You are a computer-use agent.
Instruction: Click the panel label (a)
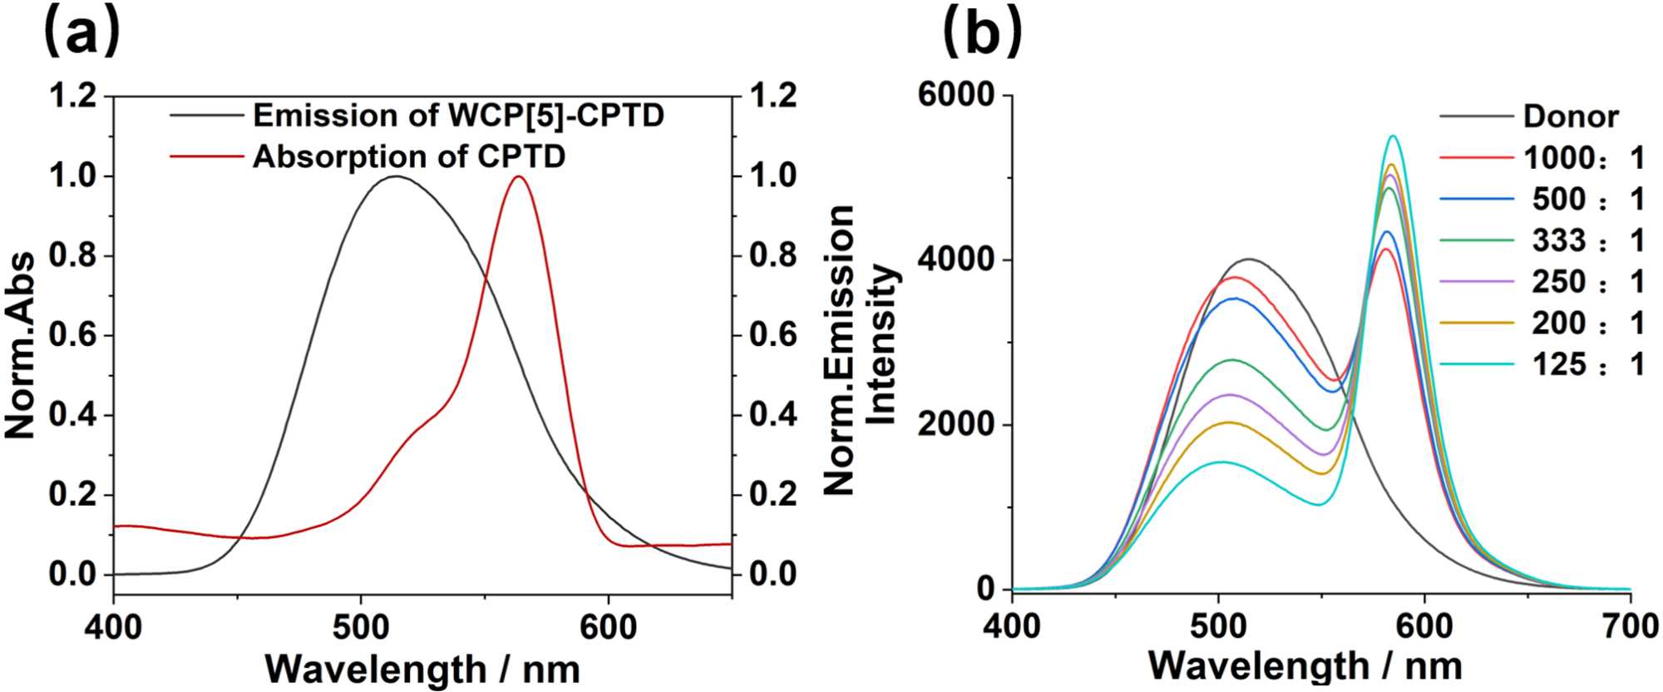coord(81,33)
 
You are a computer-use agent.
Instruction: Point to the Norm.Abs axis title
coord(20,345)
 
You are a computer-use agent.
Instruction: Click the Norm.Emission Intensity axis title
coord(860,349)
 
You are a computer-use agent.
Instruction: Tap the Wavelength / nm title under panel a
coord(422,669)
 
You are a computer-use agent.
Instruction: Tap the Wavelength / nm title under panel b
coord(1305,665)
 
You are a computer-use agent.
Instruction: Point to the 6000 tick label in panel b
coord(956,95)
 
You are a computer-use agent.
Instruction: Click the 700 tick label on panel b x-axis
coord(1629,625)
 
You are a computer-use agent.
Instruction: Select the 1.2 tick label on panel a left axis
coord(73,96)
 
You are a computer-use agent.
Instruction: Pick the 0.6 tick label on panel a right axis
coord(772,335)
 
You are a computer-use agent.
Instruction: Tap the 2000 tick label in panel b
coord(956,424)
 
